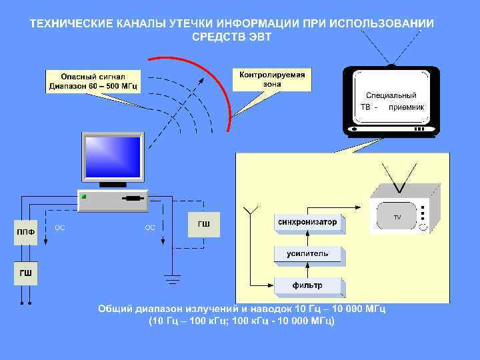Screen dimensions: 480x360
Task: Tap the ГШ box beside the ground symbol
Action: click(x=203, y=224)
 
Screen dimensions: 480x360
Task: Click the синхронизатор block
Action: click(x=307, y=222)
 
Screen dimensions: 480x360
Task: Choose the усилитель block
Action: click(x=307, y=253)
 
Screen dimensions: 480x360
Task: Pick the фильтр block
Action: click(x=307, y=285)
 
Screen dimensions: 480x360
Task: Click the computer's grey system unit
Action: click(x=112, y=199)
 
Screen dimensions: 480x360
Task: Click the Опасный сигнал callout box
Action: click(x=93, y=81)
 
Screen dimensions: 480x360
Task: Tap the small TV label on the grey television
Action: click(x=397, y=217)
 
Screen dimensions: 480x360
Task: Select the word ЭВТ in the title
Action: click(x=259, y=37)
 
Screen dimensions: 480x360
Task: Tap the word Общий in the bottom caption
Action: click(x=116, y=309)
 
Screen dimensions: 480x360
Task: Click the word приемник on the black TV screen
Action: click(x=407, y=107)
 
